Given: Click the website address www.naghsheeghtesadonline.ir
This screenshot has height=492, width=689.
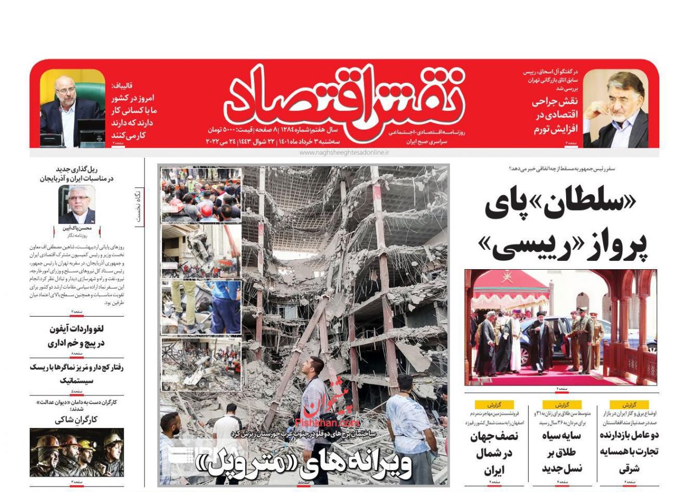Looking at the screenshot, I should click(x=344, y=152).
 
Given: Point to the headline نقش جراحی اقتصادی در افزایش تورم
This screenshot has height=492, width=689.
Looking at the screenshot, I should click(x=554, y=115).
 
